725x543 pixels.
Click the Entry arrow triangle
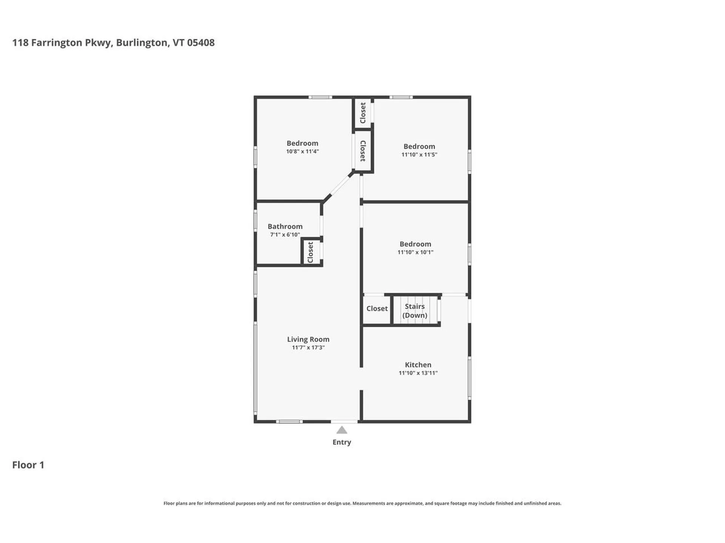[x=341, y=430]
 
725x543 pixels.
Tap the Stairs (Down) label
[x=415, y=311]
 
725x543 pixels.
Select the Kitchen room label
[x=418, y=365]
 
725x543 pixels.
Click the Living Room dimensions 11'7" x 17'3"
[x=308, y=348]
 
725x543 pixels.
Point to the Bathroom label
[x=285, y=226]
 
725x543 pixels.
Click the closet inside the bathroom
[x=311, y=252]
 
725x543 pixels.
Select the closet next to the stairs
[x=376, y=308]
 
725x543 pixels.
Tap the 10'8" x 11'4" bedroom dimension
[x=302, y=152]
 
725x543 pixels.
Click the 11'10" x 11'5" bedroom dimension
[x=419, y=155]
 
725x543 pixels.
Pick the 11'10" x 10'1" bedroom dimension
[x=415, y=252]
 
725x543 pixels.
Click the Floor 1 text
[x=28, y=465]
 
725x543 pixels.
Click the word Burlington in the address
[x=142, y=43]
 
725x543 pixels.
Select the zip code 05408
[x=201, y=43]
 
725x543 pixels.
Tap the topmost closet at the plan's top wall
[x=363, y=113]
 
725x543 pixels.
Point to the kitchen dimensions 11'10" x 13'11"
[x=418, y=373]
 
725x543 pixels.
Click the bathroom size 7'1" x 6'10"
[x=285, y=235]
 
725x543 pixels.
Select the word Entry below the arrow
[x=341, y=442]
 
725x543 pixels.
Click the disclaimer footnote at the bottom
[x=362, y=503]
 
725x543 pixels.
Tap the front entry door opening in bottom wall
[x=344, y=421]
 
